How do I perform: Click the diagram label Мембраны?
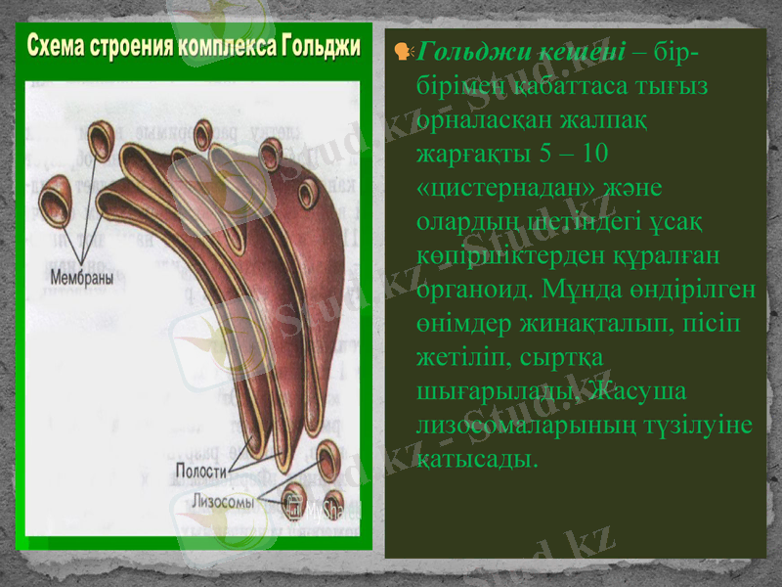coord(81,277)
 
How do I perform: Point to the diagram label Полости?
coord(200,471)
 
